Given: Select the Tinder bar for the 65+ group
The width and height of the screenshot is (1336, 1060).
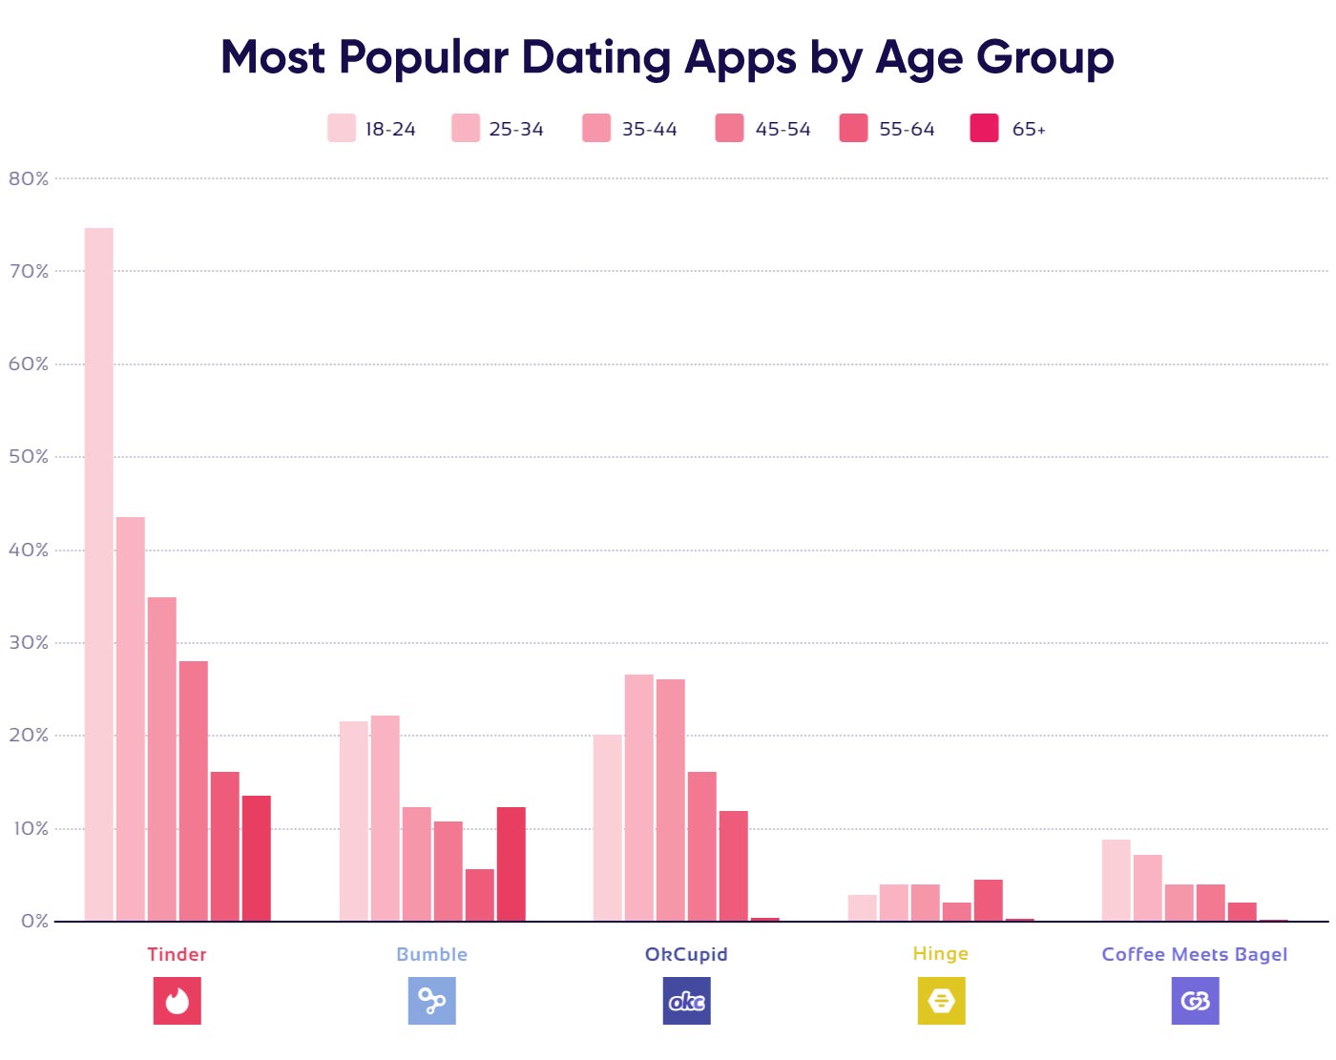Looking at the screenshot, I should (x=256, y=859).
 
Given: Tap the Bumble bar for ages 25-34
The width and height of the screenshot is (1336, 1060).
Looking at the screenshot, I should (x=386, y=819).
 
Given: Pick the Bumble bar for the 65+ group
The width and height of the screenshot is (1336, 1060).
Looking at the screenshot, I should (x=511, y=864).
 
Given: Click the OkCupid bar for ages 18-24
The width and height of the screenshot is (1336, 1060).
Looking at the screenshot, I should (x=608, y=828).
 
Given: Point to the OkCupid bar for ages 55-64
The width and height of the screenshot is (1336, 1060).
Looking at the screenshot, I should (x=734, y=866).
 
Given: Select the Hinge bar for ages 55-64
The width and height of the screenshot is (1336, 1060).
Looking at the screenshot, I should (x=988, y=901).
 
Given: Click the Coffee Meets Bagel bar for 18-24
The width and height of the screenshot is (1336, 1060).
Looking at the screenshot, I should (x=1117, y=881).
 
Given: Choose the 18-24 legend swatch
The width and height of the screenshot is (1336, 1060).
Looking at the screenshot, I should (x=342, y=129).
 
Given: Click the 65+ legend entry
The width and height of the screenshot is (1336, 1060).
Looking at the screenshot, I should (x=1008, y=129).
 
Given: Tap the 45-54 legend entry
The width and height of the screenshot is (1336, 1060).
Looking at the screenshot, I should (x=763, y=129).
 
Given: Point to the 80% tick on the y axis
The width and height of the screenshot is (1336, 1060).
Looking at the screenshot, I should (x=29, y=179).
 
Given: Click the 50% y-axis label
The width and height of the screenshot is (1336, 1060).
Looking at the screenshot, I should (x=29, y=457).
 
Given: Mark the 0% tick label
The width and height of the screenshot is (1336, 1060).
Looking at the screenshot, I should (x=34, y=922).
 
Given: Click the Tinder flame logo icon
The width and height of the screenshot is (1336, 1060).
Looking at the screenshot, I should (x=177, y=1001).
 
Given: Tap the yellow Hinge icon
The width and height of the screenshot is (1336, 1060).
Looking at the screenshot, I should (x=941, y=1001).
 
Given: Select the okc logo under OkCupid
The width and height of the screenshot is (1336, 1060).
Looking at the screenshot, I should (x=686, y=1001).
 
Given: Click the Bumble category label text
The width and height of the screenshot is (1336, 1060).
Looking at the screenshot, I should (x=431, y=954).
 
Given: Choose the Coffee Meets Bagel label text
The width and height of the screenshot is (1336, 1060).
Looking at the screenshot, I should (x=1195, y=954).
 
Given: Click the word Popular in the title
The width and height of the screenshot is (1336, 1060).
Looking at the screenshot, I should (x=424, y=58).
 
